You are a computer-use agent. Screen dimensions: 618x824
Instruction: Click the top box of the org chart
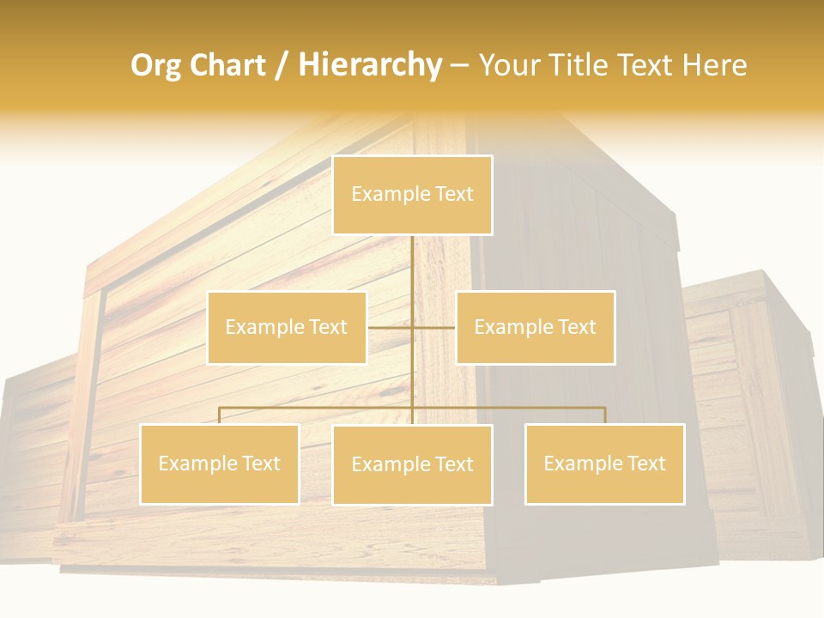tap(412, 195)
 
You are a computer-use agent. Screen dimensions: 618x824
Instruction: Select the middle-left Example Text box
tap(287, 327)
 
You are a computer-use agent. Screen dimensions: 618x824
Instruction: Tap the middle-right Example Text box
tap(535, 327)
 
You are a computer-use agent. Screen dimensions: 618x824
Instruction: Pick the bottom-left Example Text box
tap(219, 463)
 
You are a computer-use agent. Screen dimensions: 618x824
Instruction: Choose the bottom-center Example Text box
tap(412, 464)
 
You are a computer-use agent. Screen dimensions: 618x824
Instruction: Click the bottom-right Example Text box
tap(604, 463)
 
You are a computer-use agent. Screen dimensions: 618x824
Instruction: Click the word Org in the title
tap(154, 65)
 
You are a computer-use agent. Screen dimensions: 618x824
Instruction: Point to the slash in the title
tap(282, 65)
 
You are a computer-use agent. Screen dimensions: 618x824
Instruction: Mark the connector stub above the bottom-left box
tap(219, 415)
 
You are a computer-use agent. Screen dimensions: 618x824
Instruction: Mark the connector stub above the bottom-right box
tap(605, 415)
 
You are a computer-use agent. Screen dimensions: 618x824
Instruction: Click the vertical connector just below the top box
tap(412, 257)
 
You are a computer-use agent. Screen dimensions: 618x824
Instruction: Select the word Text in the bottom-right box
tap(645, 463)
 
